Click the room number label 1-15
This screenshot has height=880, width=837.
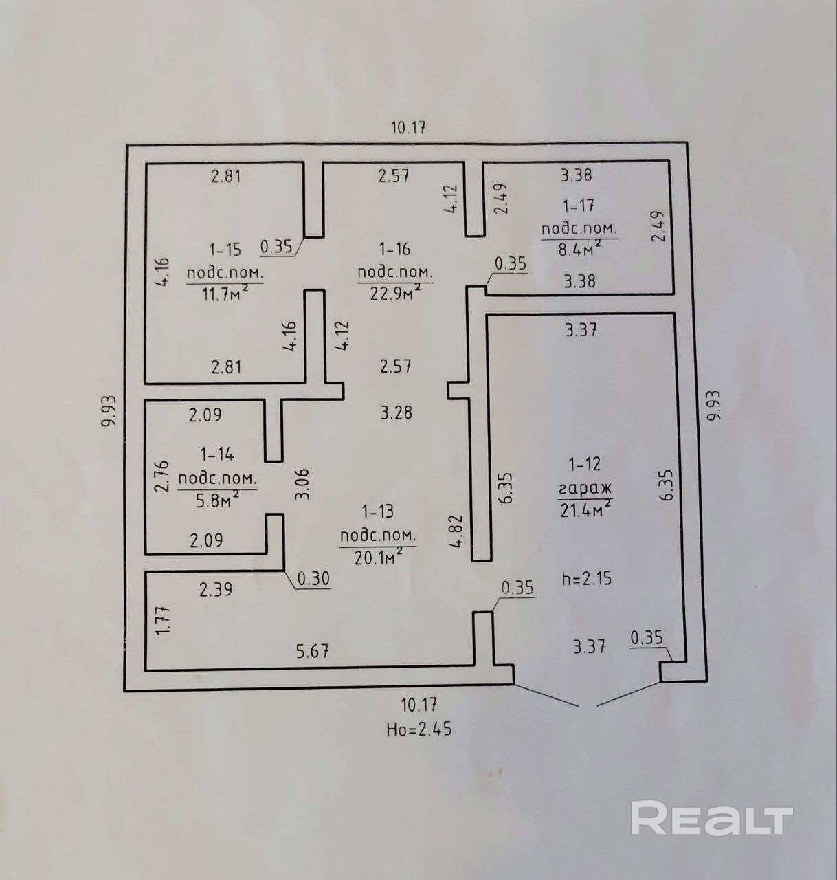(x=225, y=249)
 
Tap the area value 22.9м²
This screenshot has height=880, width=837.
(x=394, y=294)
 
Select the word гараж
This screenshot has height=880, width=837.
(x=584, y=489)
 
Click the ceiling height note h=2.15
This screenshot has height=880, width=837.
(x=586, y=579)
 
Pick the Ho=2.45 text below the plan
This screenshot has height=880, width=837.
(x=418, y=729)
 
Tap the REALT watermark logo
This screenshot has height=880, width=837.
(x=711, y=818)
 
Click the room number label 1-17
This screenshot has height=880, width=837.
(x=578, y=206)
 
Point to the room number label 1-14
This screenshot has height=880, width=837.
(x=216, y=454)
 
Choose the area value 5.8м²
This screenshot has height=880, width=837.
(x=217, y=500)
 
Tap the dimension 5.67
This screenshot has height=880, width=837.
(x=313, y=650)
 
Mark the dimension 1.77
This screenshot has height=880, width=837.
(x=163, y=619)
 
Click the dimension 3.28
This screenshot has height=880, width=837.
(x=396, y=413)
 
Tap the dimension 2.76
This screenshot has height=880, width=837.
(x=162, y=477)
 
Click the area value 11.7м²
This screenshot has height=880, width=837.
(x=224, y=294)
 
